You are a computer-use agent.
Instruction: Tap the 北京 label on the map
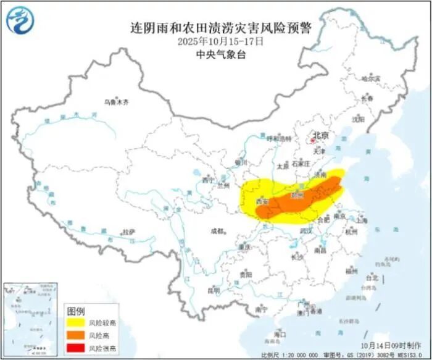320,135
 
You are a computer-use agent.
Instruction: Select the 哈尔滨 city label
371,78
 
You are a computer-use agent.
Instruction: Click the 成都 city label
218,231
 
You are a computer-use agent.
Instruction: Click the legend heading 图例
76,311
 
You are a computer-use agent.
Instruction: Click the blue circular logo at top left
20,19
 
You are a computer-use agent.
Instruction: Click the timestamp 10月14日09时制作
393,344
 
